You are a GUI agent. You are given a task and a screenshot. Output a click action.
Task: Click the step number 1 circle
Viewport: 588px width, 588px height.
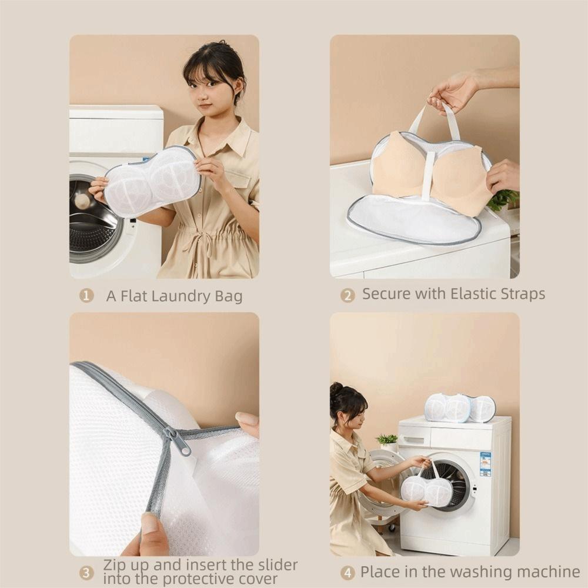coord(86,296)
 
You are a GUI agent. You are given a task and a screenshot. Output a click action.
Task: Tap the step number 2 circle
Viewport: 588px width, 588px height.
coord(348,295)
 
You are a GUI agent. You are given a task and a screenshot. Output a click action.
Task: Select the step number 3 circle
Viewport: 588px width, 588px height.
coord(86,572)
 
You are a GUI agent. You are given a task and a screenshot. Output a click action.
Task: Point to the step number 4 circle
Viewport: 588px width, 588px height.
coord(348,572)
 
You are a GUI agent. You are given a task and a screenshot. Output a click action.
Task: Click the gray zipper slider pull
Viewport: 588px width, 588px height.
coord(179,442)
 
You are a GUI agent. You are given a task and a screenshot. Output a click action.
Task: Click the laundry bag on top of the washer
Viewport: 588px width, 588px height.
coord(460,407)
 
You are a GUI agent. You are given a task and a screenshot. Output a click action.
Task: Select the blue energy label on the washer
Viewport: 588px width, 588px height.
coord(485,464)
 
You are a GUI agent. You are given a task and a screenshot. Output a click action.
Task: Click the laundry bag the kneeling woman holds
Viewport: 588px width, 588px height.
coord(426,490)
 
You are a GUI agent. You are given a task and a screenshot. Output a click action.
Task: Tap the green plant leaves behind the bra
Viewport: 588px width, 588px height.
coord(502,201)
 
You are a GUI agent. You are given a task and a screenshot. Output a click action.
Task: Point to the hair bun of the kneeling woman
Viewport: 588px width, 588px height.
coord(336,389)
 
